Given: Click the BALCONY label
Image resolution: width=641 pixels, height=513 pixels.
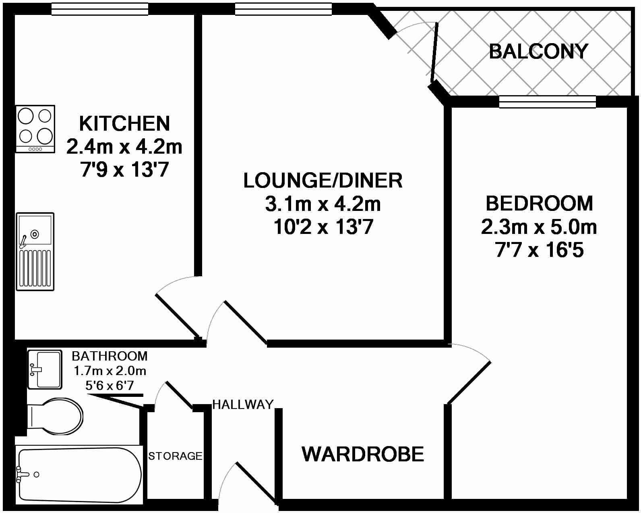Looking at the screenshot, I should click(538, 52).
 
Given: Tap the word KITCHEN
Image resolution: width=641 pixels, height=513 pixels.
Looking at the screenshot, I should click(124, 123).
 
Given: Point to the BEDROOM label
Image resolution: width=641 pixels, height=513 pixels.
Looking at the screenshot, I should click(539, 203).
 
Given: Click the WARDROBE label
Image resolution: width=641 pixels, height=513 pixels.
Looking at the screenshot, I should click(363, 454).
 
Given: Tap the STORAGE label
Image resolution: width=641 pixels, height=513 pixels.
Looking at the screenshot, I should click(175, 456).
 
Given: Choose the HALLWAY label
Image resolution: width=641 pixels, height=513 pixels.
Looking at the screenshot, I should click(243, 404).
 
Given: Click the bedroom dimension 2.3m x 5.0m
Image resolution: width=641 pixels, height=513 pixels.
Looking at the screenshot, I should click(539, 227).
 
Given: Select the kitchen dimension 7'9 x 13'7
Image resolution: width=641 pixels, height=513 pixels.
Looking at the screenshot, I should click(124, 171).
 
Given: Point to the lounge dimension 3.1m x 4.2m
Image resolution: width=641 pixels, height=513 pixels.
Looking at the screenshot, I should click(323, 204).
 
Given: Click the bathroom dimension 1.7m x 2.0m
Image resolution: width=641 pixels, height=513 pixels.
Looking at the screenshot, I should click(110, 371).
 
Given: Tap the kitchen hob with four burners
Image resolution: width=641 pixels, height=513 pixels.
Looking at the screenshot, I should click(35, 129).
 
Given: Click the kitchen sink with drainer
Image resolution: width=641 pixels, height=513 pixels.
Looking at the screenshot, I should click(35, 251).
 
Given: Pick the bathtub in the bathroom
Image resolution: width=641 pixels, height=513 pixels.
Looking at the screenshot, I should click(79, 475).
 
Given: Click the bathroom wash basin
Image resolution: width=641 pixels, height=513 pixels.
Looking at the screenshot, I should click(45, 369).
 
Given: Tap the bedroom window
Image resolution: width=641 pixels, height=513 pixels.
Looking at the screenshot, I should click(547, 102).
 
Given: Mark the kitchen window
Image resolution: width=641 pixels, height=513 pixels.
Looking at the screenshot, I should click(100, 9).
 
